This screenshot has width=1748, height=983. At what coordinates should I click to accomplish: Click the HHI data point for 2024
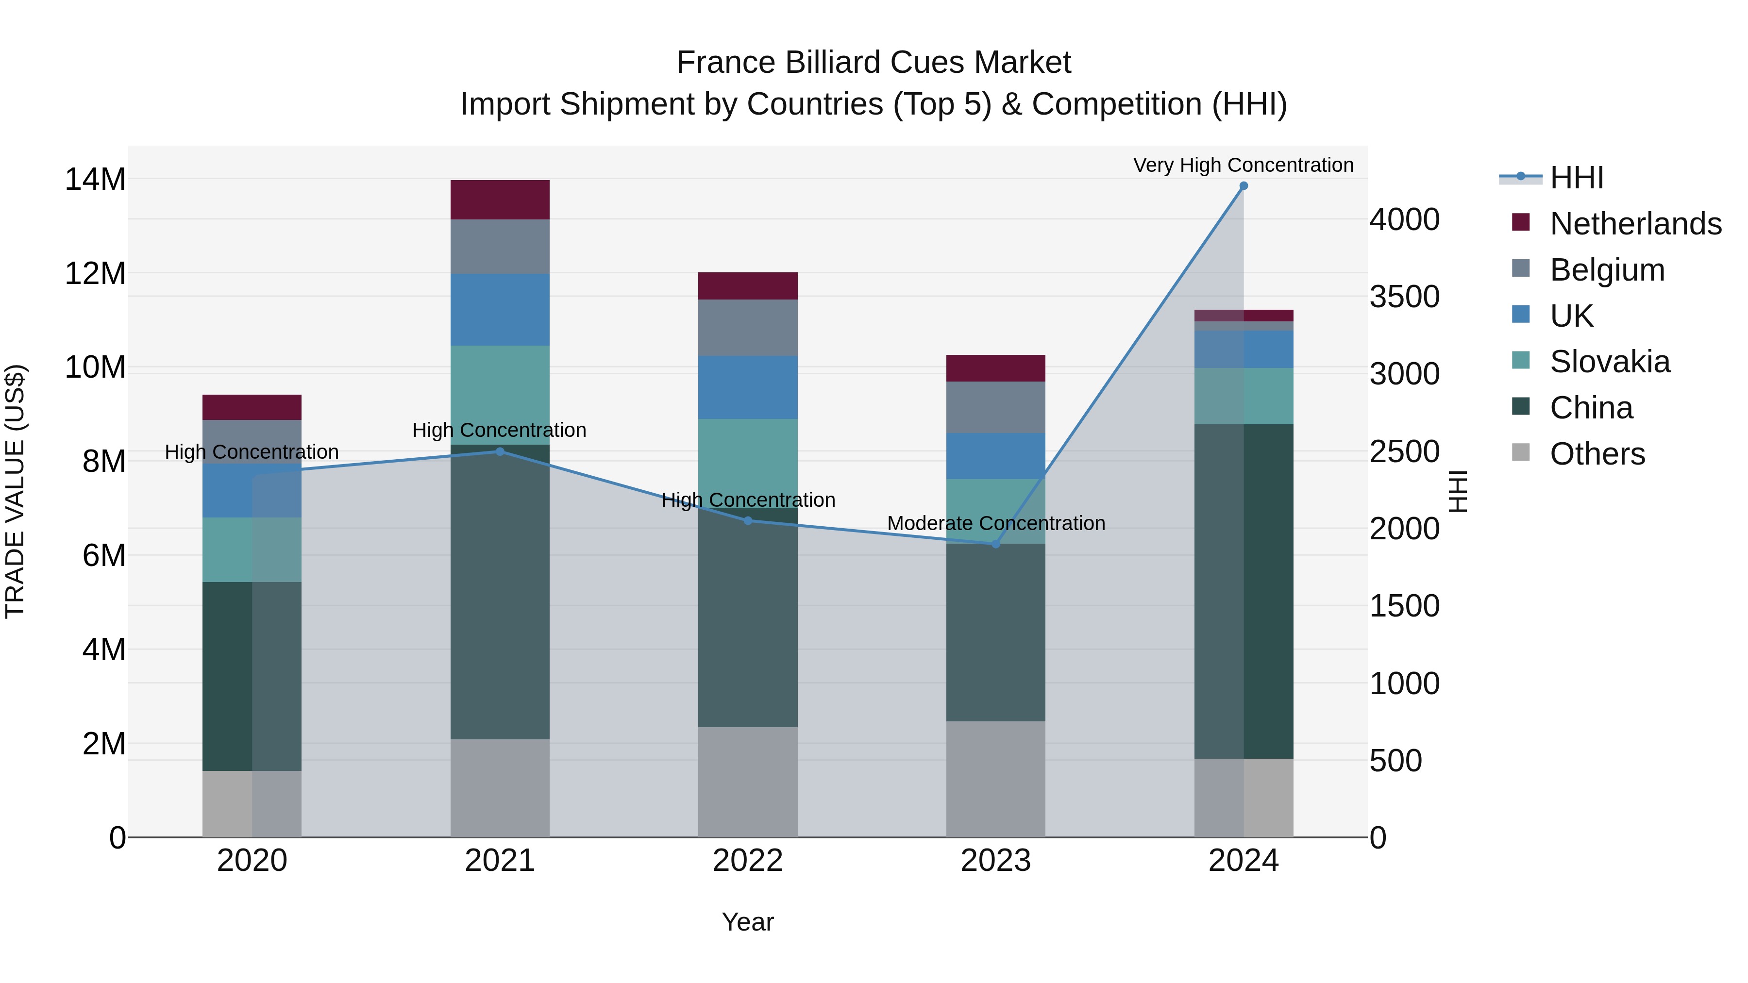[1243, 186]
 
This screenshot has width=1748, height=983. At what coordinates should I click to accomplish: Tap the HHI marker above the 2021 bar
[500, 451]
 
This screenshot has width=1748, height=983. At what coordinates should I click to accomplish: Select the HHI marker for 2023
[995, 544]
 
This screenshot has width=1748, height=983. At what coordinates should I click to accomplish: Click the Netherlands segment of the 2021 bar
[500, 200]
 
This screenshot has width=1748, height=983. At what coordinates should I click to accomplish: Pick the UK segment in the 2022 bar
[748, 387]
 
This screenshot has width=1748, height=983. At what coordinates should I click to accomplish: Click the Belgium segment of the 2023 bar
[995, 407]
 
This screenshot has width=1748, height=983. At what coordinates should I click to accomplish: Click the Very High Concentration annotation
[1243, 165]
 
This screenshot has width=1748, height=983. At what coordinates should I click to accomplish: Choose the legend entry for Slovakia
[1610, 362]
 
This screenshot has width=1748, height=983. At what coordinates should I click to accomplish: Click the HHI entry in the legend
[1576, 178]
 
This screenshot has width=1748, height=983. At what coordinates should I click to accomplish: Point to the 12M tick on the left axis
[95, 273]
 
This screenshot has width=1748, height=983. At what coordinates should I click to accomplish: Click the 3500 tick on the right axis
[1404, 297]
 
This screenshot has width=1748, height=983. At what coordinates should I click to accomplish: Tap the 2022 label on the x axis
[748, 861]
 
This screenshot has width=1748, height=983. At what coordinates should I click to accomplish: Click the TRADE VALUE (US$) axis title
[15, 491]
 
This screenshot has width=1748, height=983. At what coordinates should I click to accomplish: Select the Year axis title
[748, 922]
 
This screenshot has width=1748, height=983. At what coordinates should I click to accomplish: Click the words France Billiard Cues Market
[874, 63]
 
